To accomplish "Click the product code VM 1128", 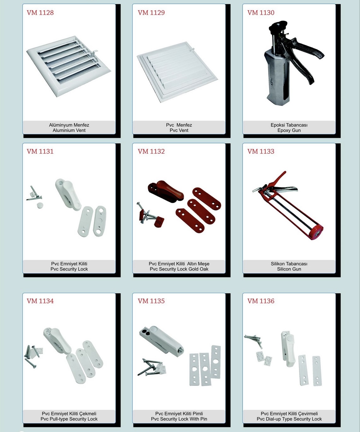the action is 40,13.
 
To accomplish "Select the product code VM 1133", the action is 261,151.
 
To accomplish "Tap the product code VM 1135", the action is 151,301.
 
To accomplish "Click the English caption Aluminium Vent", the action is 69,130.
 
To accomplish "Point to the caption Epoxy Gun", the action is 289,130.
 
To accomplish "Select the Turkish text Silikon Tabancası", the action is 289,264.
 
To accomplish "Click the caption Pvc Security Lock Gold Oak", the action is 179,269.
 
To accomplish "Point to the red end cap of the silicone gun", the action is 316,232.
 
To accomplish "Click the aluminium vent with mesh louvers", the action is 69,66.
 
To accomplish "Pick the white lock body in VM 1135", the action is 161,340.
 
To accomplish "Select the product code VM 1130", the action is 261,13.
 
